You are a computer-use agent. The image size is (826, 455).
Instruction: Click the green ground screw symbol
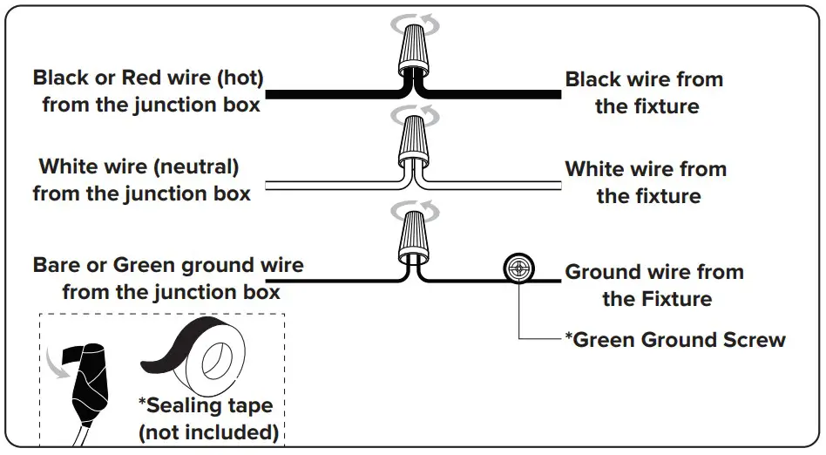click(x=518, y=268)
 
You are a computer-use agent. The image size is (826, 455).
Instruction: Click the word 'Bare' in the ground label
click(x=58, y=265)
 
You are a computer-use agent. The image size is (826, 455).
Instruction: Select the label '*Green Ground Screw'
click(x=675, y=339)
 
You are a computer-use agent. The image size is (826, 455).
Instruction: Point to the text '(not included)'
click(x=209, y=431)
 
